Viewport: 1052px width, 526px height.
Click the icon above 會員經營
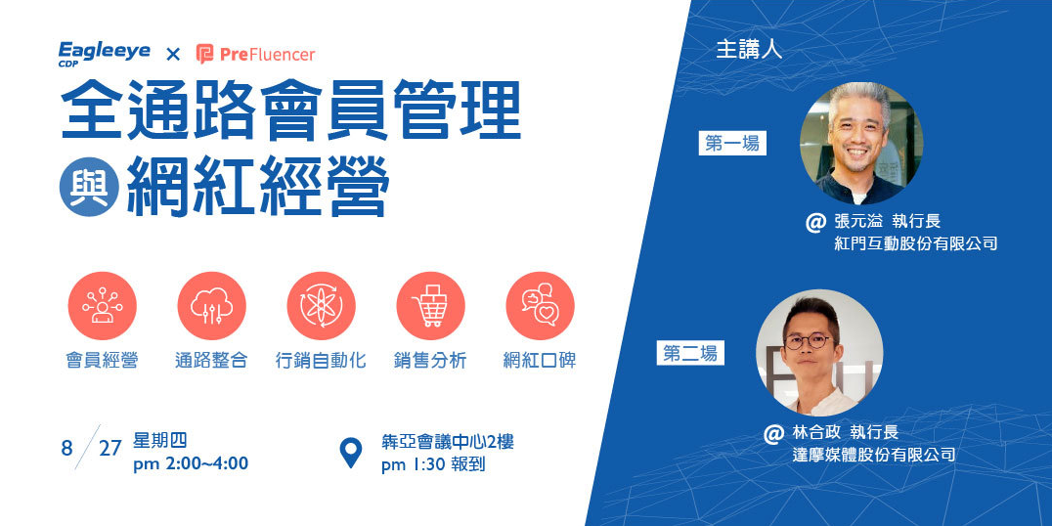point(102,305)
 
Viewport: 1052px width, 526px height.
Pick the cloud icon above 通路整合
point(211,305)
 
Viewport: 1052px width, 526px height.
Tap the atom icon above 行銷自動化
point(321,305)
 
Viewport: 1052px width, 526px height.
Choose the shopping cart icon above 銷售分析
point(430,305)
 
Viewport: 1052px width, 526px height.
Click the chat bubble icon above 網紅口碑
point(540,305)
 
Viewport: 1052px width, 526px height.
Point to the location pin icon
point(351,453)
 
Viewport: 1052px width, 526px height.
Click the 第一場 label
point(732,144)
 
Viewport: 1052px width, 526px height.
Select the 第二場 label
point(690,354)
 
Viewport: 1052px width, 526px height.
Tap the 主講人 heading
point(749,51)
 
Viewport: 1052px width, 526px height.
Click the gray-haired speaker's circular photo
point(860,143)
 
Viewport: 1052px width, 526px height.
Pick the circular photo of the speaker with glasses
point(819,353)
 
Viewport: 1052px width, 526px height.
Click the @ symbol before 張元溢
point(815,222)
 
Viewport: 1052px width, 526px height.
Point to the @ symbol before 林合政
point(773,433)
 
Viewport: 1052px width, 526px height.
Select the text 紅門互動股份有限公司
point(916,243)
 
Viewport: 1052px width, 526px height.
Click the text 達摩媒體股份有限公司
point(873,455)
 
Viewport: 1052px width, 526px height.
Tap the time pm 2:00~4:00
point(191,463)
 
